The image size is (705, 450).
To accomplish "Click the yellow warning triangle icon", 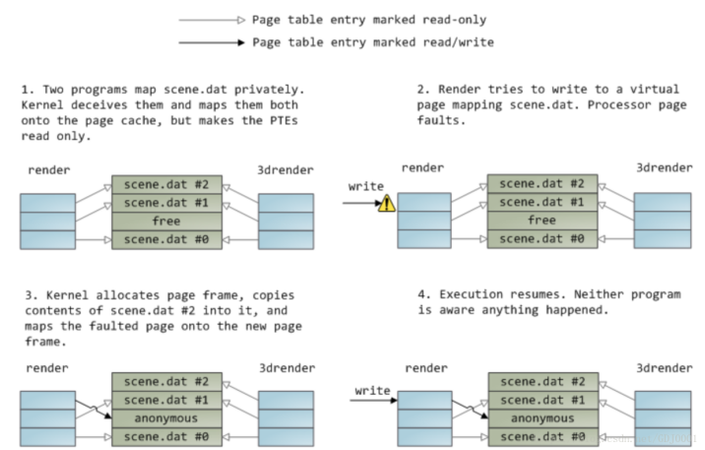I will [x=386, y=203].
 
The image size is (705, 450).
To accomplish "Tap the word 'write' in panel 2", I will [x=366, y=186].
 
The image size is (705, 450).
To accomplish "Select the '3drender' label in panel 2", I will [x=661, y=169].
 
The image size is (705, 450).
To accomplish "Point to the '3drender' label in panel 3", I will [x=285, y=369].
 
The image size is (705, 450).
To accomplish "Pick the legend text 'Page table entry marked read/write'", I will [x=373, y=42].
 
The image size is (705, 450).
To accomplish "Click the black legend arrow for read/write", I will [x=211, y=42].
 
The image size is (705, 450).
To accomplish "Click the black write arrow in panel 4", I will [x=375, y=399].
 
